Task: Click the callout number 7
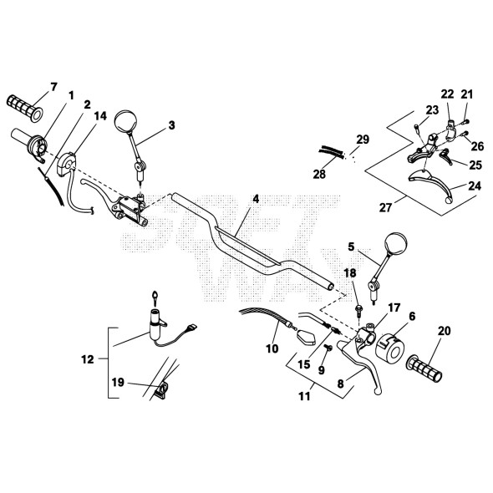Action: pos(53,87)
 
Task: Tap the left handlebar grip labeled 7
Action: pos(24,108)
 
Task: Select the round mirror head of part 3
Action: pos(126,121)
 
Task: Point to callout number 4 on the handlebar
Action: pos(256,199)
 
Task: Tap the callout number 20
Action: pos(444,331)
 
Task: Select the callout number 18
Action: pos(350,273)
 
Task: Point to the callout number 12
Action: pos(88,359)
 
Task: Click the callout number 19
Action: pos(118,383)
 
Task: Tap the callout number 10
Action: pos(272,348)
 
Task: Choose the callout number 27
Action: pos(386,207)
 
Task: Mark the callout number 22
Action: pos(447,94)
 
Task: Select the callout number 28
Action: pos(319,174)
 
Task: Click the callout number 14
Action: pos(100,116)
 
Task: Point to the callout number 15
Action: pos(304,364)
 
